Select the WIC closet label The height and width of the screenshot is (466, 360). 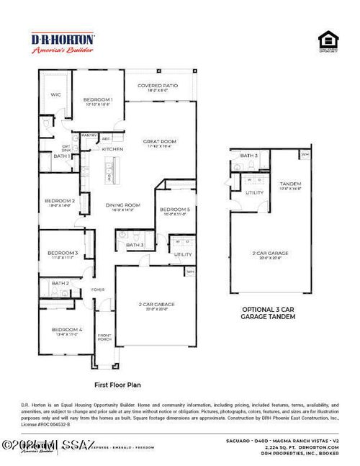point(55,94)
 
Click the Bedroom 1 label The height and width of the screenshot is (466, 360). point(98,101)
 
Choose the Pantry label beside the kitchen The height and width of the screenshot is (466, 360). point(90,135)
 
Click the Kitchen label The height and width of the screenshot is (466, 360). point(112,148)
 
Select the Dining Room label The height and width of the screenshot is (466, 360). point(122,205)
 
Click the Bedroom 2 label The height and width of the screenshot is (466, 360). point(61,202)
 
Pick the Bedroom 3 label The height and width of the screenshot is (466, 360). point(63,254)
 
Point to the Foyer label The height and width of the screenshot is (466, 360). point(97,290)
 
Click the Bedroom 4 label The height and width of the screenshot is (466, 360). point(66,331)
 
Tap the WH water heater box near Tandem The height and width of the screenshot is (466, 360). point(305,154)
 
